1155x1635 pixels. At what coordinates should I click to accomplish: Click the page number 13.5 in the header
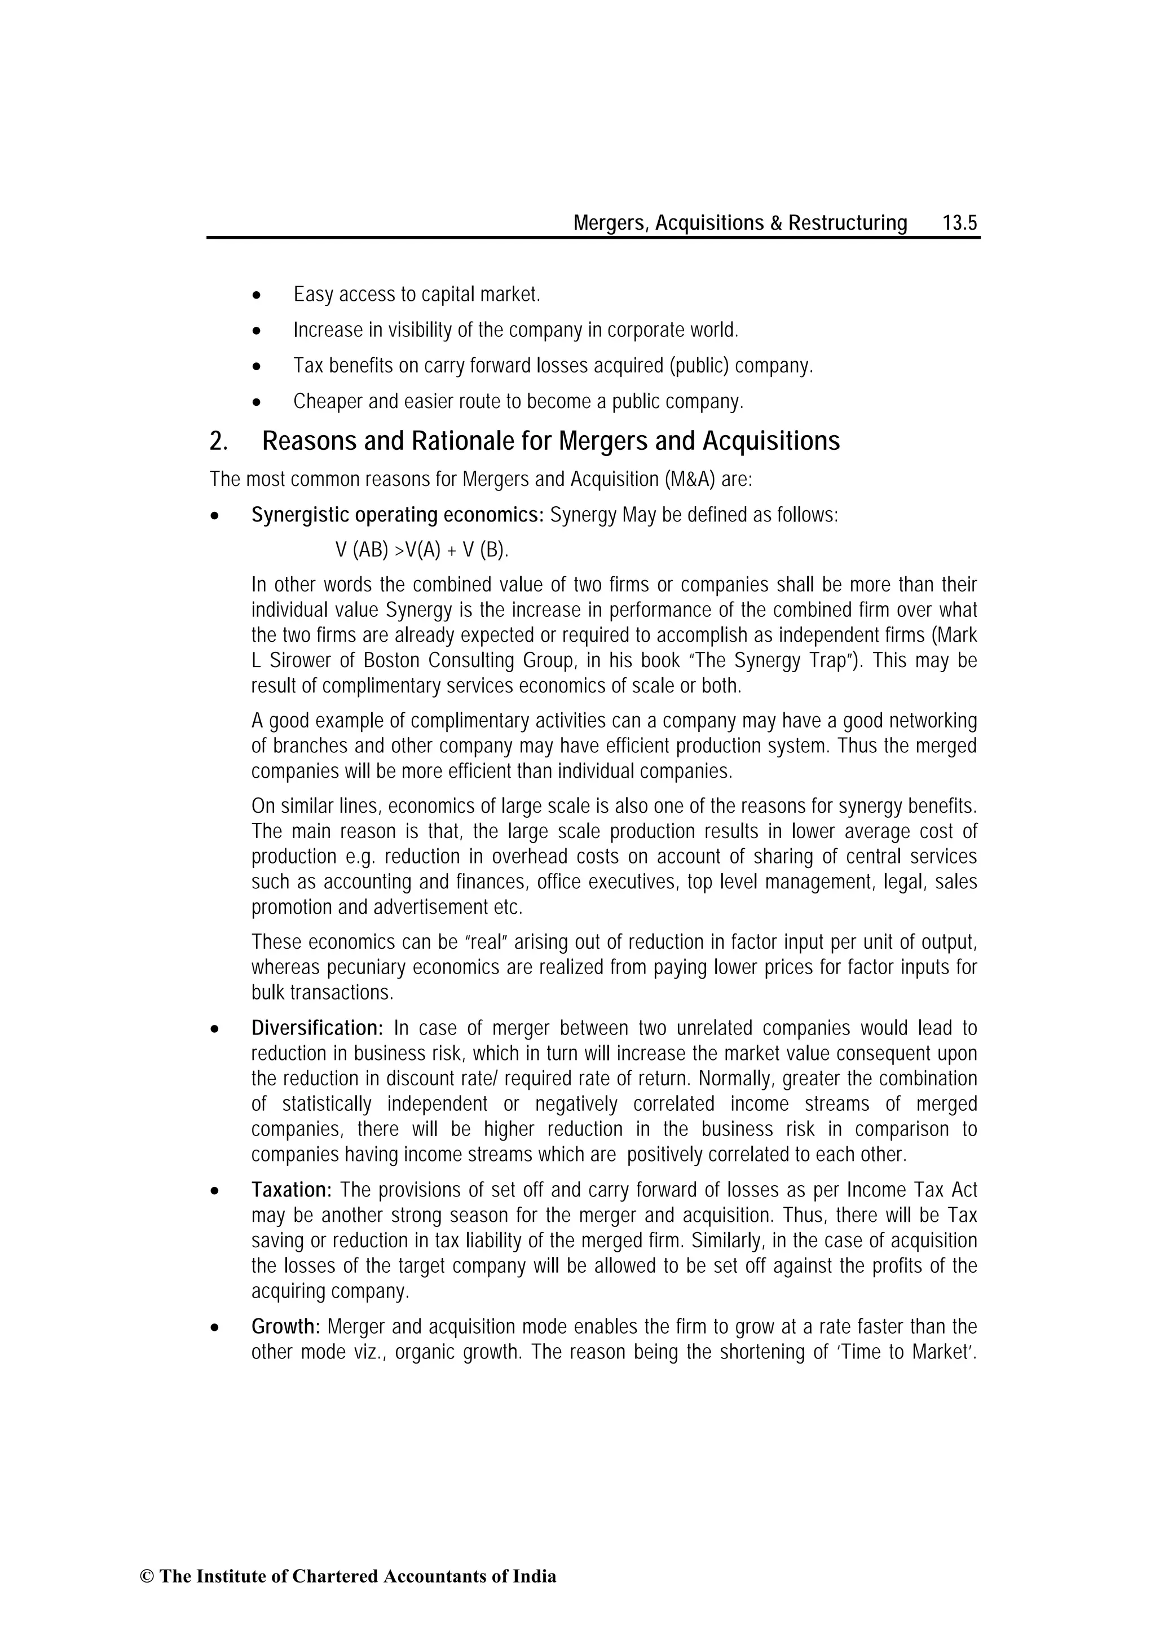[x=959, y=223]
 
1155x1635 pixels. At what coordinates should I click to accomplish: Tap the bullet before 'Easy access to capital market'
[x=257, y=295]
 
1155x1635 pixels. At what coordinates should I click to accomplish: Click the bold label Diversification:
[x=318, y=1028]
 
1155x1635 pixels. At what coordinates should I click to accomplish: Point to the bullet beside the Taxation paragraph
[x=214, y=1191]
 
